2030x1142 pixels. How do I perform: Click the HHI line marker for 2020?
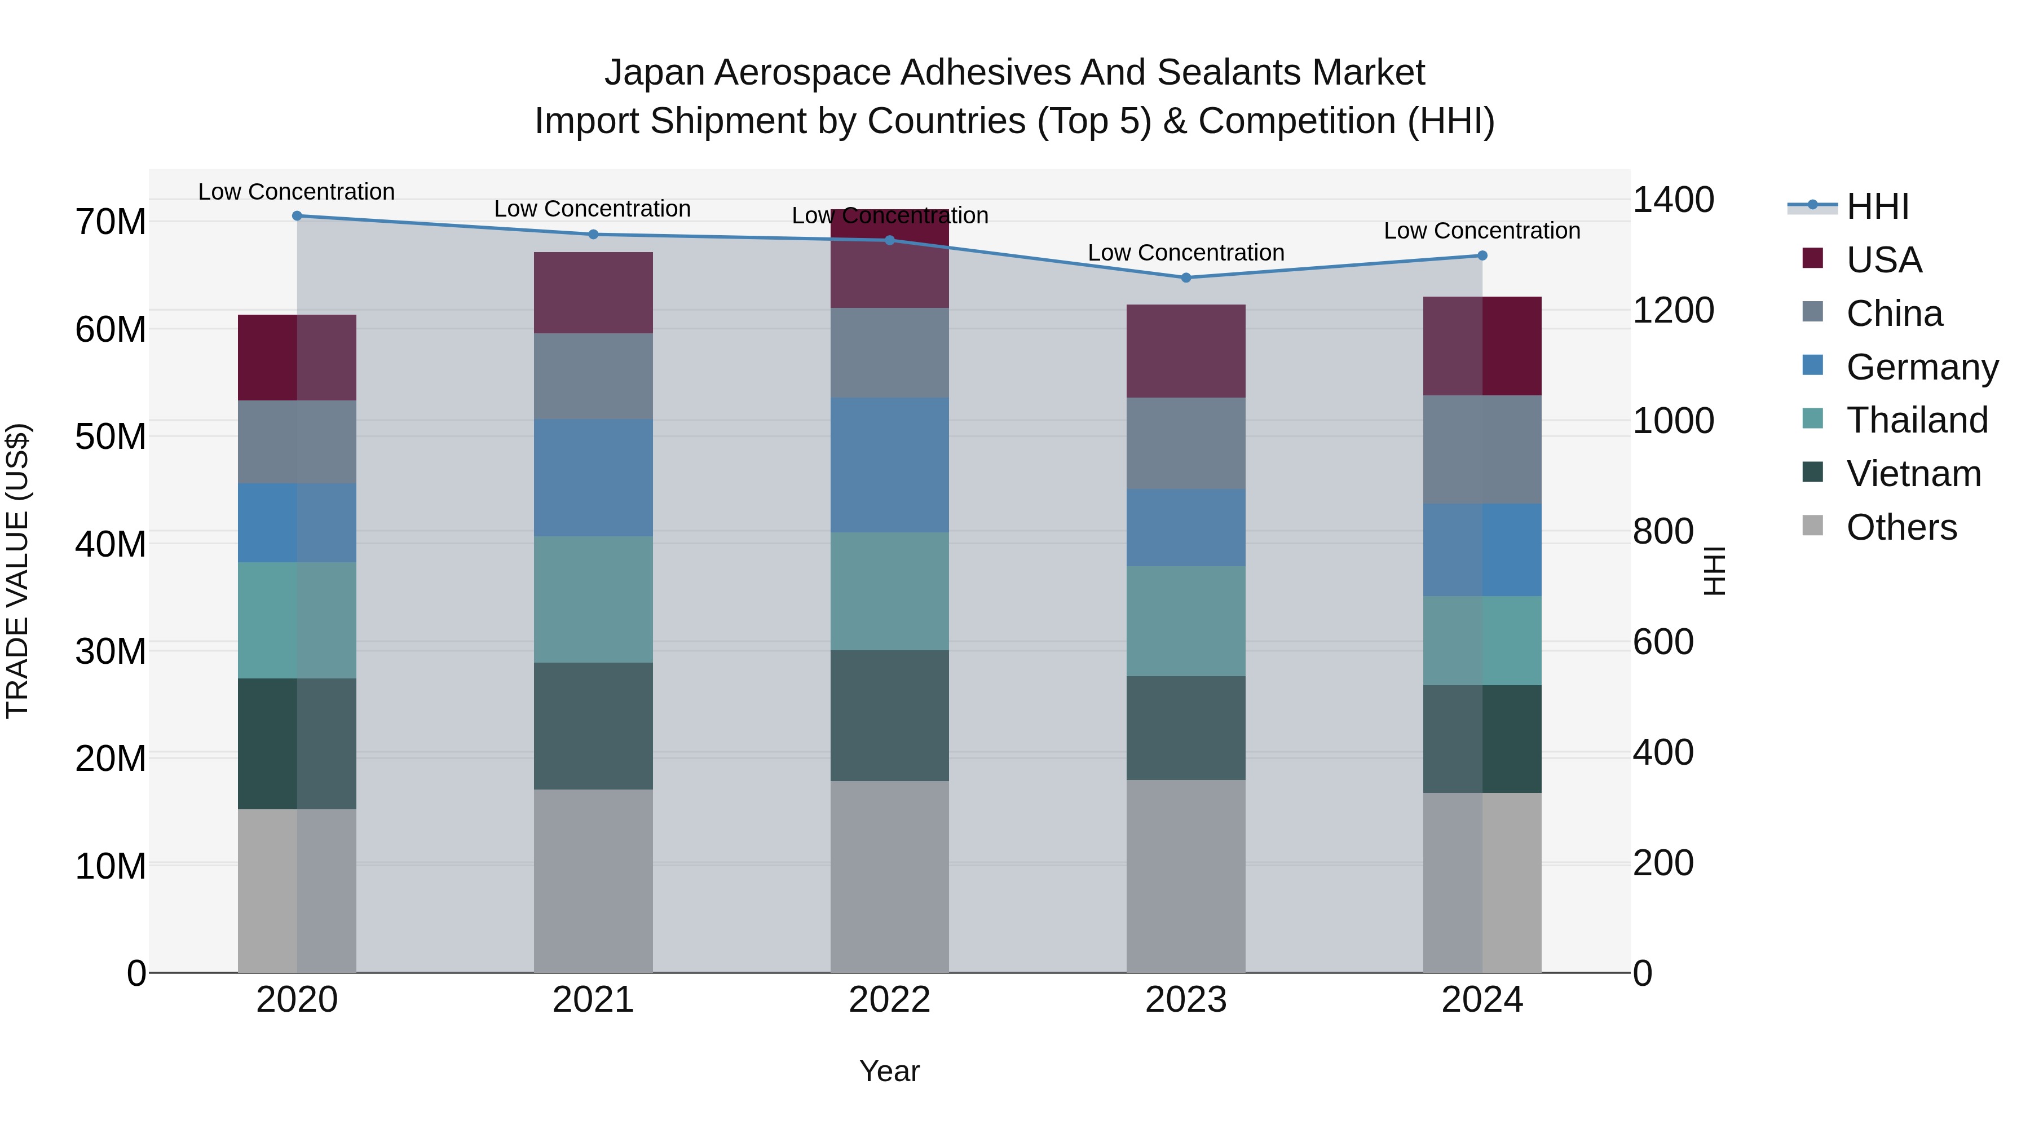tap(297, 216)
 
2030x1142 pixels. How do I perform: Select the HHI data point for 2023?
tap(1186, 277)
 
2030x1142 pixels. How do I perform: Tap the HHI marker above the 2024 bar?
tap(1482, 255)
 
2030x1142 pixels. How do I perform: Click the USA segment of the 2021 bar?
tap(593, 292)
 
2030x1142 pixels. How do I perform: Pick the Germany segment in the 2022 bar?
tap(890, 465)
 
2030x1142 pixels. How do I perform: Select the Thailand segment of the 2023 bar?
tap(1186, 621)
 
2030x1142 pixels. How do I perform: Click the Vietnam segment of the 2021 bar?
tap(593, 726)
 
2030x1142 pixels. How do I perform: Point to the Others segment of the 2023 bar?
tap(1186, 876)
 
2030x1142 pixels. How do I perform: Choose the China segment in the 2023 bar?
tap(1186, 443)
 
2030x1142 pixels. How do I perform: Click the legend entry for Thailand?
tap(1917, 420)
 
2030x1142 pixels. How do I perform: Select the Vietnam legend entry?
tap(1913, 474)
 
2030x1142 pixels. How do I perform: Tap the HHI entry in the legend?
tap(1877, 206)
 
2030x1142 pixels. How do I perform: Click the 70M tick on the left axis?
tap(111, 222)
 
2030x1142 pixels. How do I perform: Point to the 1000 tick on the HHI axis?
tap(1673, 421)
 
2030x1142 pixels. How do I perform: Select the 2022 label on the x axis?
tap(890, 1000)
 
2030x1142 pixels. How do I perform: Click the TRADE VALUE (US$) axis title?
tap(17, 571)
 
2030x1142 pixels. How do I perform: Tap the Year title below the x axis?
tap(890, 1071)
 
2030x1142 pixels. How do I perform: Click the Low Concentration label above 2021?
tap(593, 209)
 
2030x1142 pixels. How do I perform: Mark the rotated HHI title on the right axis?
tap(1715, 571)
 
